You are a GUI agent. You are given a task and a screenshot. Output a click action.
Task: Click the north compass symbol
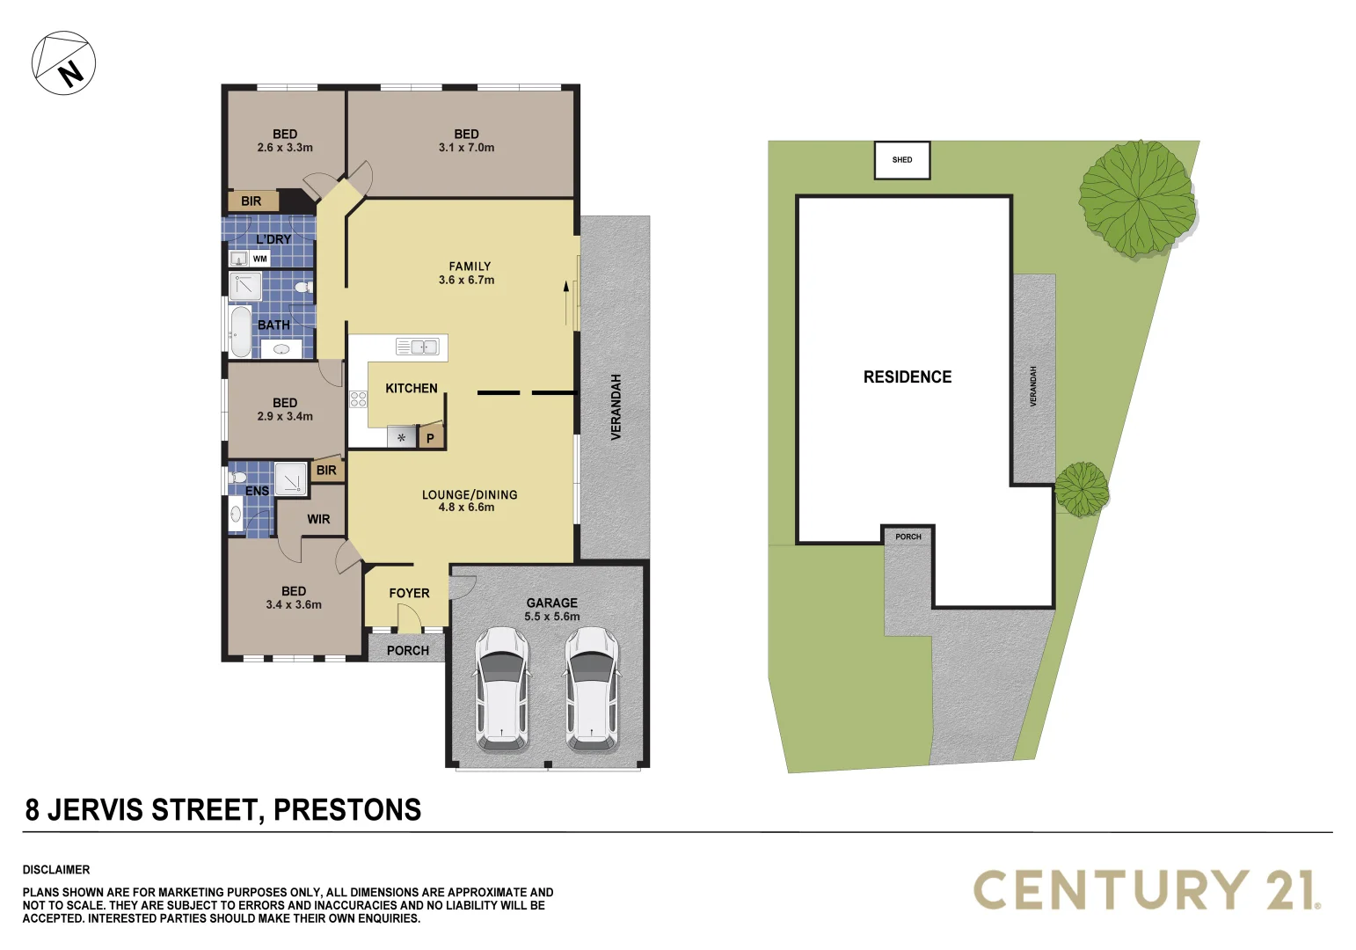[63, 63]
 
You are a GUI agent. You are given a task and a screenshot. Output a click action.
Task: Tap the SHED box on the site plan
[902, 160]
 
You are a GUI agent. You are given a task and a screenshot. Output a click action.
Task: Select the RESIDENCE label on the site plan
[908, 377]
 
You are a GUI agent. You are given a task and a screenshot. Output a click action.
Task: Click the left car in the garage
[501, 689]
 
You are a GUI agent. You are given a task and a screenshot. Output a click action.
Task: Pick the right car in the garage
[592, 689]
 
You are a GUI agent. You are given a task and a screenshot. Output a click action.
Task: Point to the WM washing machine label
[259, 259]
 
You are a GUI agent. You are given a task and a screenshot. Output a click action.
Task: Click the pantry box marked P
[430, 437]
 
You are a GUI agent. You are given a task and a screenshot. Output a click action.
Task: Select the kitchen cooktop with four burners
[358, 399]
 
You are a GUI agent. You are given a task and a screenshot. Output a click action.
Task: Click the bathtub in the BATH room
[240, 332]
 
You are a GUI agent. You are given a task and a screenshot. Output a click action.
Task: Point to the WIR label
[318, 519]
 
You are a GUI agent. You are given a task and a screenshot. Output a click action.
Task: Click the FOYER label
[409, 594]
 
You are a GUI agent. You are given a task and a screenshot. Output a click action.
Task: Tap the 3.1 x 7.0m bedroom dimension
[466, 147]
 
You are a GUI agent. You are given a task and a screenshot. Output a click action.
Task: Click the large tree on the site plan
[1137, 199]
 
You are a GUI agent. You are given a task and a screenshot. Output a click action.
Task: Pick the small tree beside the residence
[1082, 489]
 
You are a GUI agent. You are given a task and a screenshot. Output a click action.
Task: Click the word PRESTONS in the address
[346, 809]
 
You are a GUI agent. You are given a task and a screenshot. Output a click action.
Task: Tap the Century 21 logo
[1147, 889]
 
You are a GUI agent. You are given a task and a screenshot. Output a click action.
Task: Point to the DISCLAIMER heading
[56, 869]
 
